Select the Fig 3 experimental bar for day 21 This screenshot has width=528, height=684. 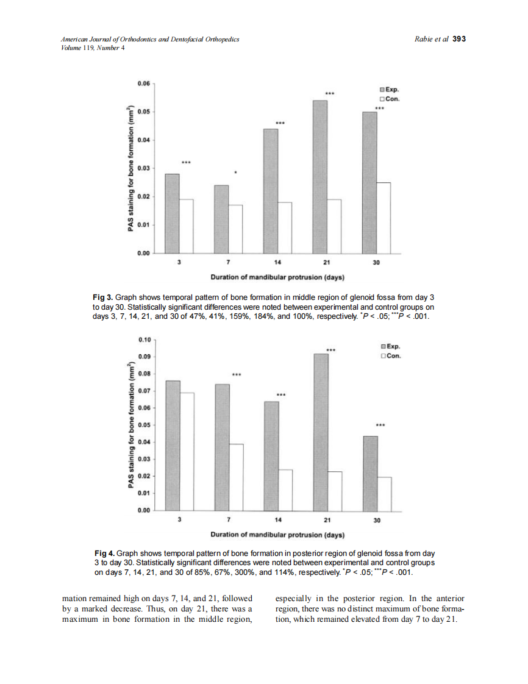(320, 177)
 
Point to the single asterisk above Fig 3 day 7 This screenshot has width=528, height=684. (235, 173)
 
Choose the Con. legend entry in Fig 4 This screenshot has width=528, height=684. (390, 357)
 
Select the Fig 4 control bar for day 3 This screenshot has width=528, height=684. (186, 451)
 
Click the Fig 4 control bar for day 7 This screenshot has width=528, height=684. (235, 477)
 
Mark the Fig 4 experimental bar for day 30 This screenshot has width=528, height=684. (370, 473)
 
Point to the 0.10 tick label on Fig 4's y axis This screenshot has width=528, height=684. (144, 340)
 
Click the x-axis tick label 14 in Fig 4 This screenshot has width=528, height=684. (278, 521)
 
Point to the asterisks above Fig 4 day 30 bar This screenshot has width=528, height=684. (379, 426)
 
